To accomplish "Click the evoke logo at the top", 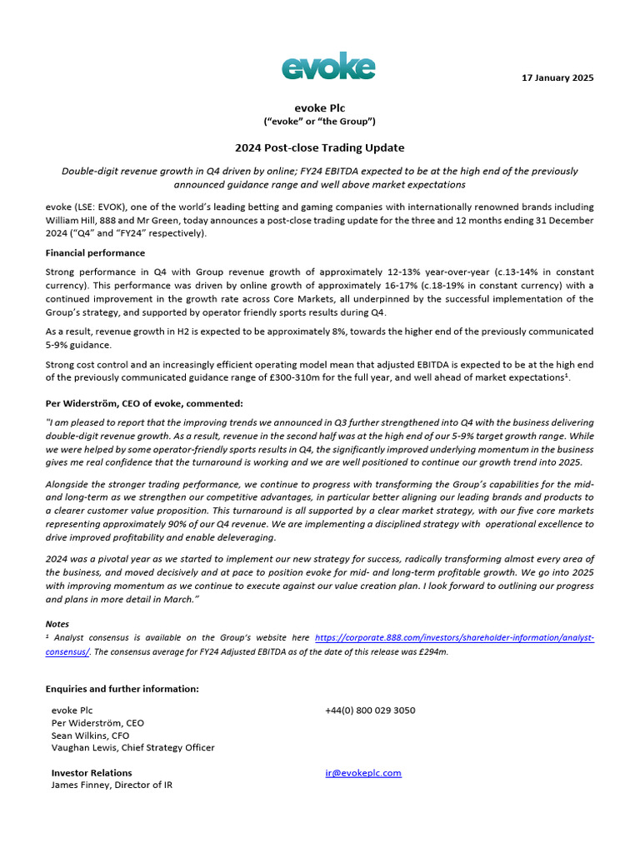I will point(327,66).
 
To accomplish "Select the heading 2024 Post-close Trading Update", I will point(320,147).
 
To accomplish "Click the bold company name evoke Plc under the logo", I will point(320,107).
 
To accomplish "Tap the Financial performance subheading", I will point(95,252).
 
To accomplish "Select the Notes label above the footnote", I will point(58,624).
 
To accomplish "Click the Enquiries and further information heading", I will point(122,689).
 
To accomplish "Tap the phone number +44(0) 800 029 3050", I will point(370,711).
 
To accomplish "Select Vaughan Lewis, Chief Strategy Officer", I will point(132,748).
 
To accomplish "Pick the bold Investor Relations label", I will point(92,772).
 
